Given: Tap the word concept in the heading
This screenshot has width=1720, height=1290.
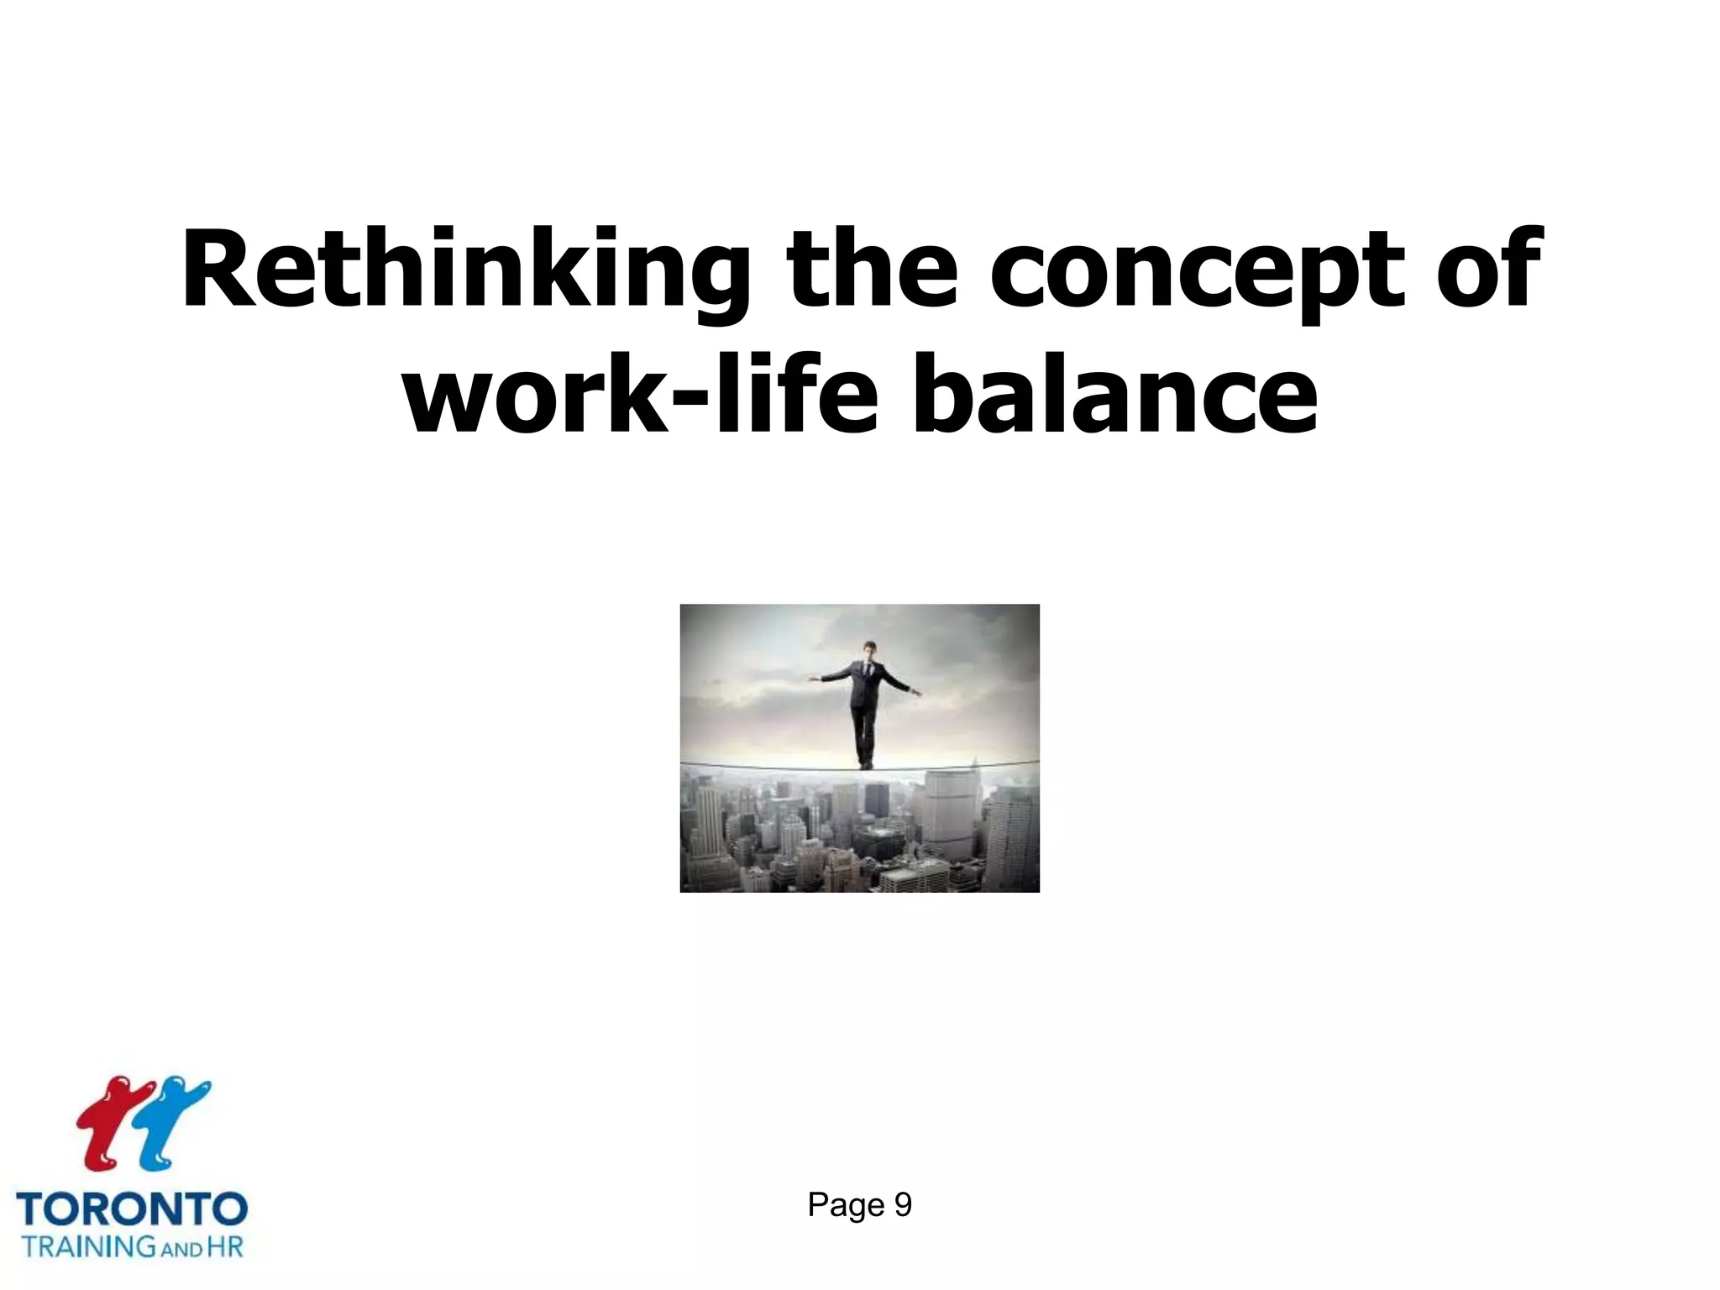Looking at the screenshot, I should click(1197, 271).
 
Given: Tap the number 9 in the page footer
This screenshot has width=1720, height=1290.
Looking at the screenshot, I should click(903, 1205).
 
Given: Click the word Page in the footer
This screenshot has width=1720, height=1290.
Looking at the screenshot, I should click(846, 1205).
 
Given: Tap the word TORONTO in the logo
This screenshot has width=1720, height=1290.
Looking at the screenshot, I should click(132, 1210).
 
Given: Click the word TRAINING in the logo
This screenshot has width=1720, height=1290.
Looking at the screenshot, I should click(89, 1246).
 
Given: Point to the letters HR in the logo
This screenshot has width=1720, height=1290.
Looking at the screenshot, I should click(225, 1246).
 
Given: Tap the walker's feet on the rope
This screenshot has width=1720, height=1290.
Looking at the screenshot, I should click(865, 764).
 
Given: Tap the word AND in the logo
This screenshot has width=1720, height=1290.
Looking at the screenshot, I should click(181, 1250).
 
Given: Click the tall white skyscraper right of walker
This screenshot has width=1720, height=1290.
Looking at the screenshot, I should click(949, 806).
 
